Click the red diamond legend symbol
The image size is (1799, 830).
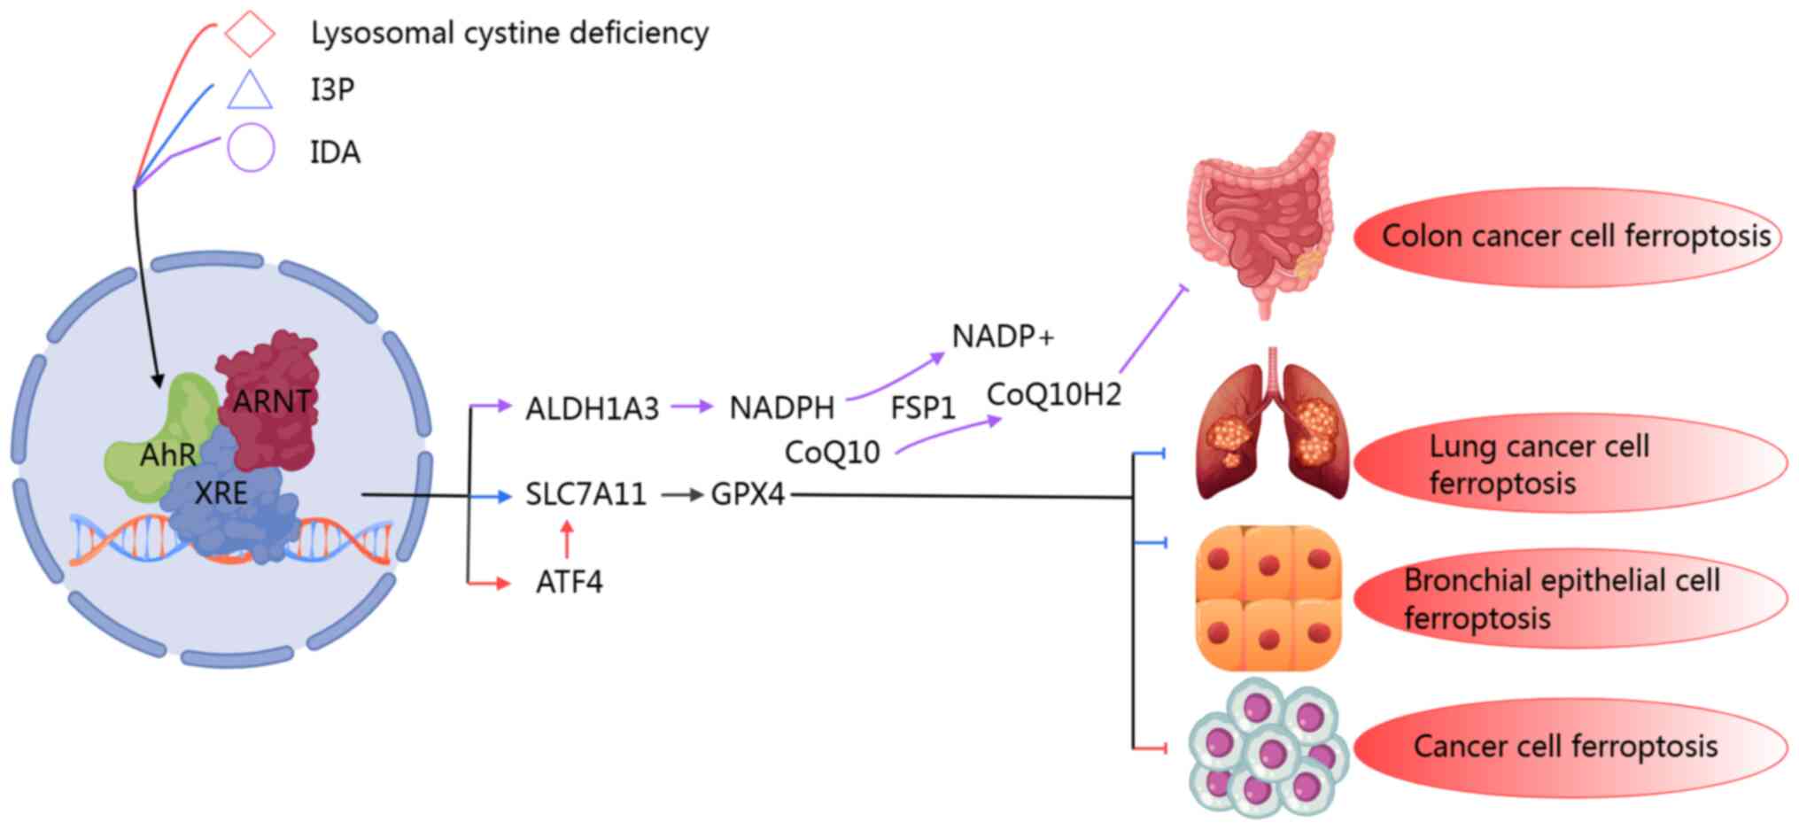(x=249, y=34)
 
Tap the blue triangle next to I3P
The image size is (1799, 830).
(x=249, y=91)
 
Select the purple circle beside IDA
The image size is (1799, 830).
(x=251, y=148)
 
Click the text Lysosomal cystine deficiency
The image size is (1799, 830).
(x=509, y=34)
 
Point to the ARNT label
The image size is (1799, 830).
(x=272, y=401)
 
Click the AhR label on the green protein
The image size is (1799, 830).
(x=167, y=455)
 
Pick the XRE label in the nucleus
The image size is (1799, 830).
(x=221, y=493)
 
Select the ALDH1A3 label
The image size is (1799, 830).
(x=592, y=408)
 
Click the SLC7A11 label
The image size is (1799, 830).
(x=585, y=494)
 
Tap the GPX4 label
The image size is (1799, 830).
(x=748, y=494)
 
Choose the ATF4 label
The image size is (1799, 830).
(x=569, y=582)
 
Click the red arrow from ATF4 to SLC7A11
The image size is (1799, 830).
(x=567, y=539)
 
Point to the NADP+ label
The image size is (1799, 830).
(x=1003, y=337)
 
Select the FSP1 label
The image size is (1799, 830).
(x=923, y=408)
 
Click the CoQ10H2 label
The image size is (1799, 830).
(x=1054, y=394)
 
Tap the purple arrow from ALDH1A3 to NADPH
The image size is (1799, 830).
(x=691, y=407)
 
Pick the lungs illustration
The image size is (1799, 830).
(x=1272, y=425)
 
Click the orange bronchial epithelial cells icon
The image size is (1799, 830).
(x=1268, y=598)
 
